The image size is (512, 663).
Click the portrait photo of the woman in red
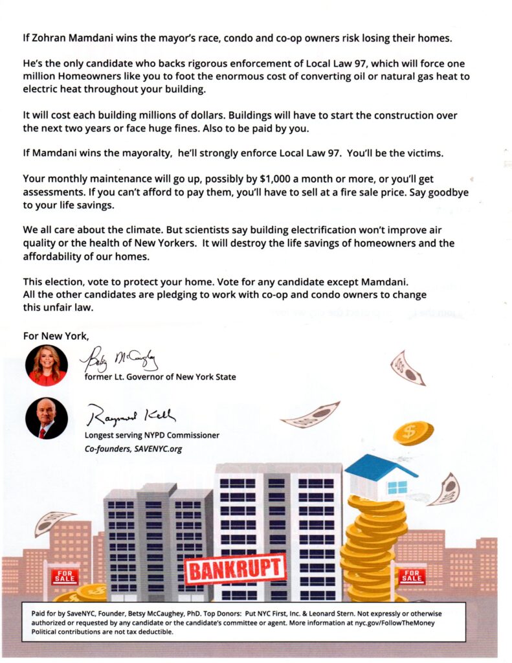coord(46,365)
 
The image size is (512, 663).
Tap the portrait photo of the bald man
coord(46,418)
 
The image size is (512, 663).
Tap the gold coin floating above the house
coord(412,433)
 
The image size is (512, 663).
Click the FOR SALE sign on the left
coord(65,576)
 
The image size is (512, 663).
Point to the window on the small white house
coord(397,487)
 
